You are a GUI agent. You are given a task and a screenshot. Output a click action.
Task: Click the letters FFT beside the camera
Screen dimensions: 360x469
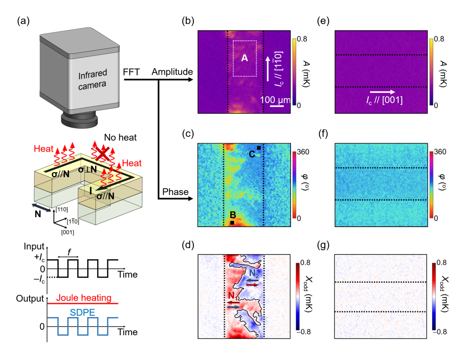tap(131, 72)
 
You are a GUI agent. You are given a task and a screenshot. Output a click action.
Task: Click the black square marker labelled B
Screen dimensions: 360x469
tap(232, 223)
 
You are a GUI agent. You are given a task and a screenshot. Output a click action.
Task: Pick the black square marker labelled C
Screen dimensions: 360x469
tap(259, 149)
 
